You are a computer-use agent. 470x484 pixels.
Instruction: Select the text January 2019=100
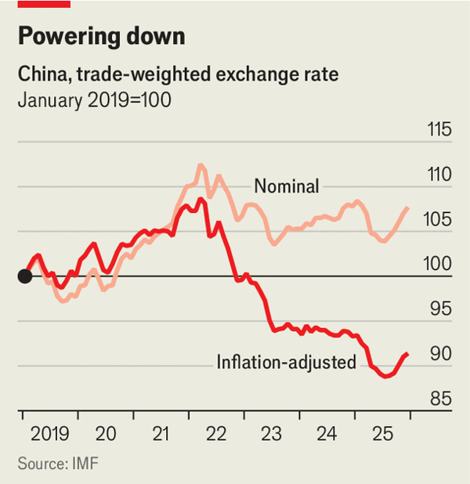tap(94, 101)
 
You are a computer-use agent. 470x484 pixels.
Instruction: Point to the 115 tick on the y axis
tap(436, 129)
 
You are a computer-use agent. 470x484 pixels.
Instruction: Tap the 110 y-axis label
tap(436, 175)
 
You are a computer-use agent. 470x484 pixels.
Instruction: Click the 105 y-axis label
tap(436, 219)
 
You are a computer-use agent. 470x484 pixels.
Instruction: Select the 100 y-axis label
tap(436, 264)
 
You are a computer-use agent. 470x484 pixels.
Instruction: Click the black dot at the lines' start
tap(24, 276)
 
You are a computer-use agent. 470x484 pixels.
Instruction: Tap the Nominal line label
tap(286, 186)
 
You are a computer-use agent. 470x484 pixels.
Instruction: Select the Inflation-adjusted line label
tap(286, 362)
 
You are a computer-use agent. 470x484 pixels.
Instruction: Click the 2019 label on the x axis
tap(50, 433)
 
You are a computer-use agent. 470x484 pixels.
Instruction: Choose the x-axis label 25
tap(382, 433)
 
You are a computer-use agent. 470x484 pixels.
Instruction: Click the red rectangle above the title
tap(44, 4)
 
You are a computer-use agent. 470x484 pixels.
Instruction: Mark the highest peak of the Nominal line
tap(201, 164)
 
